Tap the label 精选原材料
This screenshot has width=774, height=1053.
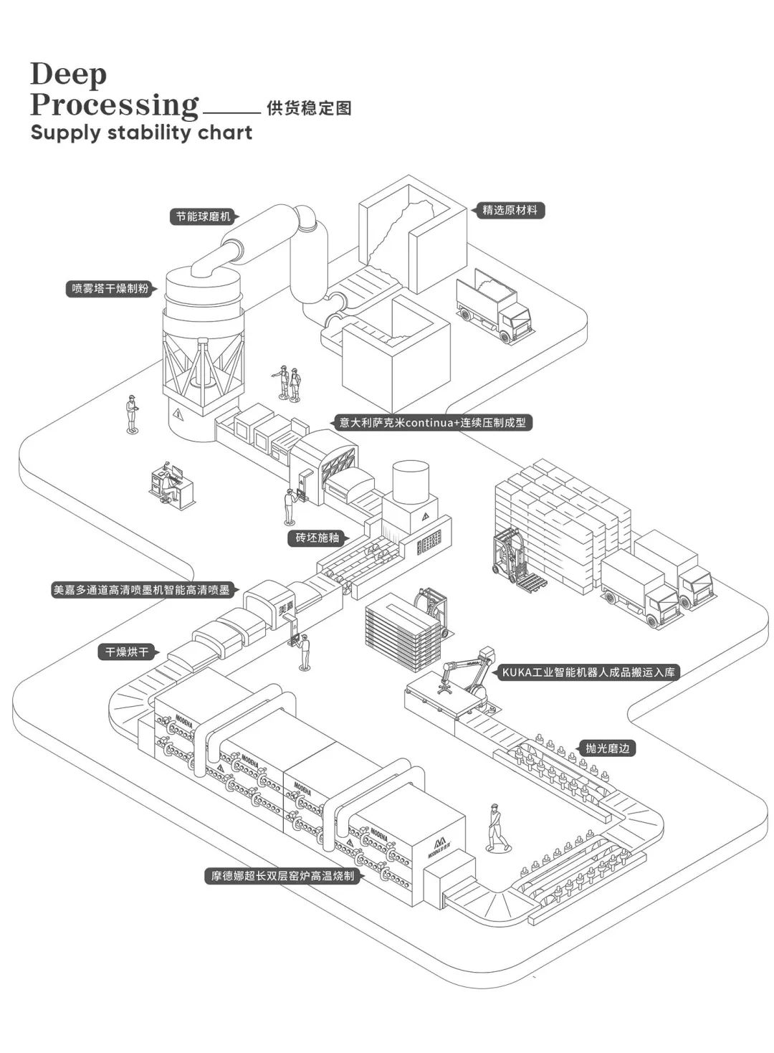(510, 210)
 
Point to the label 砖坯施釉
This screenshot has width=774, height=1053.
(317, 538)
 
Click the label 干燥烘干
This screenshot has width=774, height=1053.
(127, 652)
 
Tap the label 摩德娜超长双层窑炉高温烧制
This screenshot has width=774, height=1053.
(282, 875)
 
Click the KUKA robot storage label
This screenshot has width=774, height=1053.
(588, 672)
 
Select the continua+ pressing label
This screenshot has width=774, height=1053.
(433, 422)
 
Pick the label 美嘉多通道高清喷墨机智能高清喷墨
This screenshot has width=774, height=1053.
(141, 590)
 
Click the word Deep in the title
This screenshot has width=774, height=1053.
(69, 74)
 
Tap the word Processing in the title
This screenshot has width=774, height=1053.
(114, 105)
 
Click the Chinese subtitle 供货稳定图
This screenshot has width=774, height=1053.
(309, 108)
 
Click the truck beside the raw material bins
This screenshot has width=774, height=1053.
(494, 305)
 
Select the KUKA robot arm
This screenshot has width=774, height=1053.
(469, 674)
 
